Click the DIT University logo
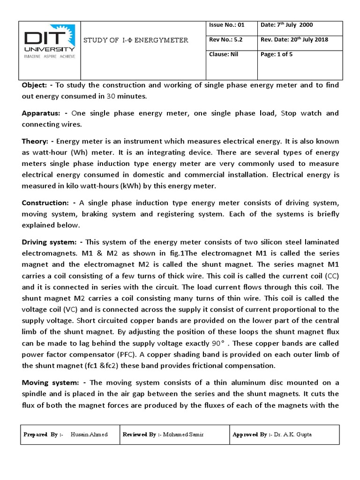[49, 45]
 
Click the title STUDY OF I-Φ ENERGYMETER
[136, 40]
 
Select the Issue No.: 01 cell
[226, 25]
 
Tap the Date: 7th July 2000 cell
[286, 25]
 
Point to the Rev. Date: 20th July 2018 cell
[295, 40]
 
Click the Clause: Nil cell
[224, 54]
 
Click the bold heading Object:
[34, 85]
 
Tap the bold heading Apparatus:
[40, 113]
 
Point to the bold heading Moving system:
[48, 383]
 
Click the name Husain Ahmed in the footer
[89, 435]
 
